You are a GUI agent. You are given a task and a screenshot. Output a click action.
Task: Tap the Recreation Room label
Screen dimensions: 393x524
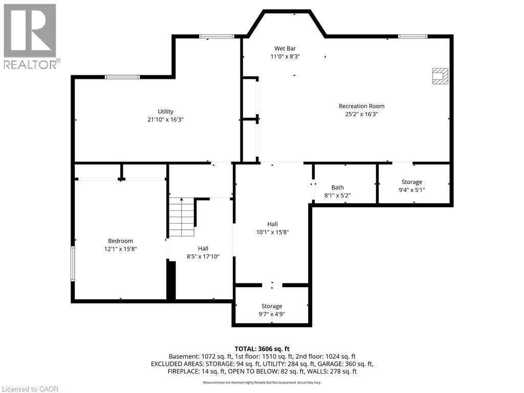tap(361, 106)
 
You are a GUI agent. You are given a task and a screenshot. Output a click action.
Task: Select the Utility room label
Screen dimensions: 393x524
tap(165, 111)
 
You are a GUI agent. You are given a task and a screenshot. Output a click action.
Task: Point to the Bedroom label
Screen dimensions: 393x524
tap(120, 241)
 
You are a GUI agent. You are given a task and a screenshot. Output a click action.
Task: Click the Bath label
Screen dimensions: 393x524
tap(337, 187)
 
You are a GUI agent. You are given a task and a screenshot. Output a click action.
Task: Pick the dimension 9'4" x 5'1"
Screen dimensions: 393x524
tap(412, 190)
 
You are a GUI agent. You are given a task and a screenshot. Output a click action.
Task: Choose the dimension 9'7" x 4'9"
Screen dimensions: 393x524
tap(272, 314)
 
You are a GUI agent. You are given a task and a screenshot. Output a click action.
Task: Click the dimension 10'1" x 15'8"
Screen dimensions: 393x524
tap(272, 232)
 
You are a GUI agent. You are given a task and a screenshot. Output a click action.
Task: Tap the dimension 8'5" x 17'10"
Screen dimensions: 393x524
tap(203, 256)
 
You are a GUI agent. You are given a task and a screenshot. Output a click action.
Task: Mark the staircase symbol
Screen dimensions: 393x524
tap(182, 217)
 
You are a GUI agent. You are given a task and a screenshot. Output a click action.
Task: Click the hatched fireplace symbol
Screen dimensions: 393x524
tap(440, 76)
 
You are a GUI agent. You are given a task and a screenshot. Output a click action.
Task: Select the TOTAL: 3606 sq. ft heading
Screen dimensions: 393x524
tap(262, 347)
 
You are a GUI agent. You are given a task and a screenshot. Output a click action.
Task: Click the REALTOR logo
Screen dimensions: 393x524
tap(30, 36)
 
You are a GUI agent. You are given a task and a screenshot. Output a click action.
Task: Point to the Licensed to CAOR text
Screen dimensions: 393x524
tap(30, 389)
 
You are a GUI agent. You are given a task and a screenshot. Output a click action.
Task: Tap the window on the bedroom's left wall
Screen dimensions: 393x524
tap(73, 264)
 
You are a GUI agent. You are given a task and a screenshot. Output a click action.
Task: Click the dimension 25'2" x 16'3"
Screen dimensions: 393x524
tap(361, 114)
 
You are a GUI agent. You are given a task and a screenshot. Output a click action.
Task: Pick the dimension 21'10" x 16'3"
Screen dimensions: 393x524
tap(165, 119)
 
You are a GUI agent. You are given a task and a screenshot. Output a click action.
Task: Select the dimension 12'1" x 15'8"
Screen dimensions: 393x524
tap(120, 249)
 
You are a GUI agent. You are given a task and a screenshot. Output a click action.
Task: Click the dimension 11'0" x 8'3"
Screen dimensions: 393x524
tap(285, 57)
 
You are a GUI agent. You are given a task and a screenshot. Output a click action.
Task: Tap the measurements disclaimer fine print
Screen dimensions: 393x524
tap(262, 382)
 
